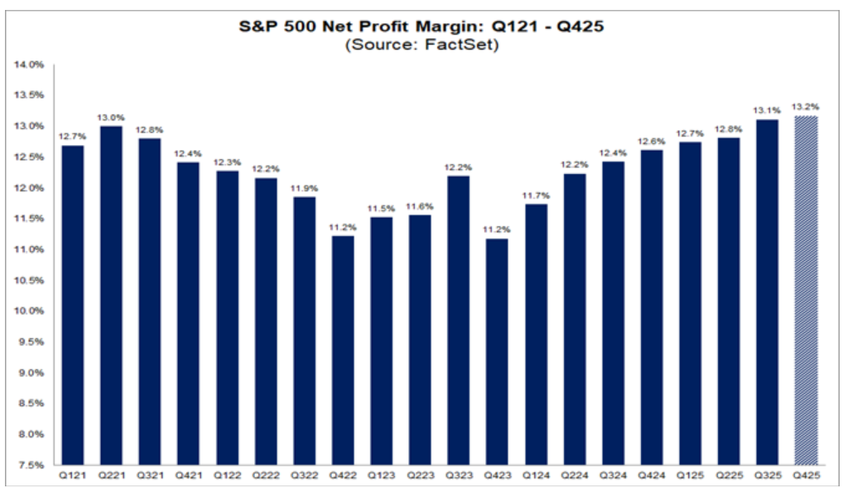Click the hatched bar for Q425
(805, 290)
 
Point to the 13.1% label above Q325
(765, 110)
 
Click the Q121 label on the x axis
(71, 476)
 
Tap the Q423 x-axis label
(497, 476)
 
